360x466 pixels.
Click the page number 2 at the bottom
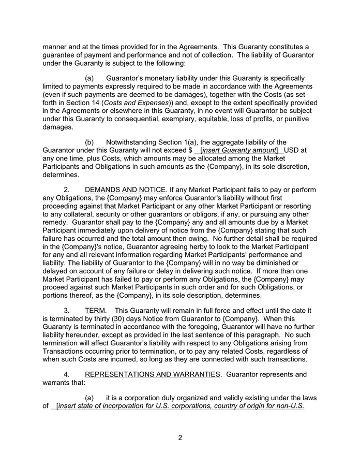click(180, 438)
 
